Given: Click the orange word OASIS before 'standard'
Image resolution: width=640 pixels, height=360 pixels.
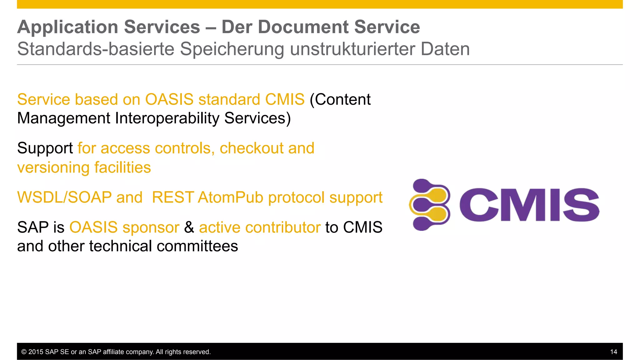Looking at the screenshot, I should [x=169, y=100].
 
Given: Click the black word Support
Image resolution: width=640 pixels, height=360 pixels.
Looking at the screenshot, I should [x=45, y=148].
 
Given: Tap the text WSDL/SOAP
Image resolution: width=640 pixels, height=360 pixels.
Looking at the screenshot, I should [x=64, y=197].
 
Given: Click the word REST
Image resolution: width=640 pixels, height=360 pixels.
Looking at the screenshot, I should [x=172, y=197].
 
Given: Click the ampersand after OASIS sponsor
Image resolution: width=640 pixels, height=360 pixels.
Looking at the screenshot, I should [x=189, y=227].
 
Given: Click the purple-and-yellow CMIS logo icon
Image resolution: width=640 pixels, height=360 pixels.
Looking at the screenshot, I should [x=429, y=205].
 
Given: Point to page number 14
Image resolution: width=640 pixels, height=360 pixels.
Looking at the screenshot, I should [x=613, y=352].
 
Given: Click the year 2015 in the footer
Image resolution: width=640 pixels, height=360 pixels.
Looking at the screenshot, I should [x=36, y=352].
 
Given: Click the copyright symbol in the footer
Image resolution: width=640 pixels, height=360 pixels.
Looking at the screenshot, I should [x=24, y=352].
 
